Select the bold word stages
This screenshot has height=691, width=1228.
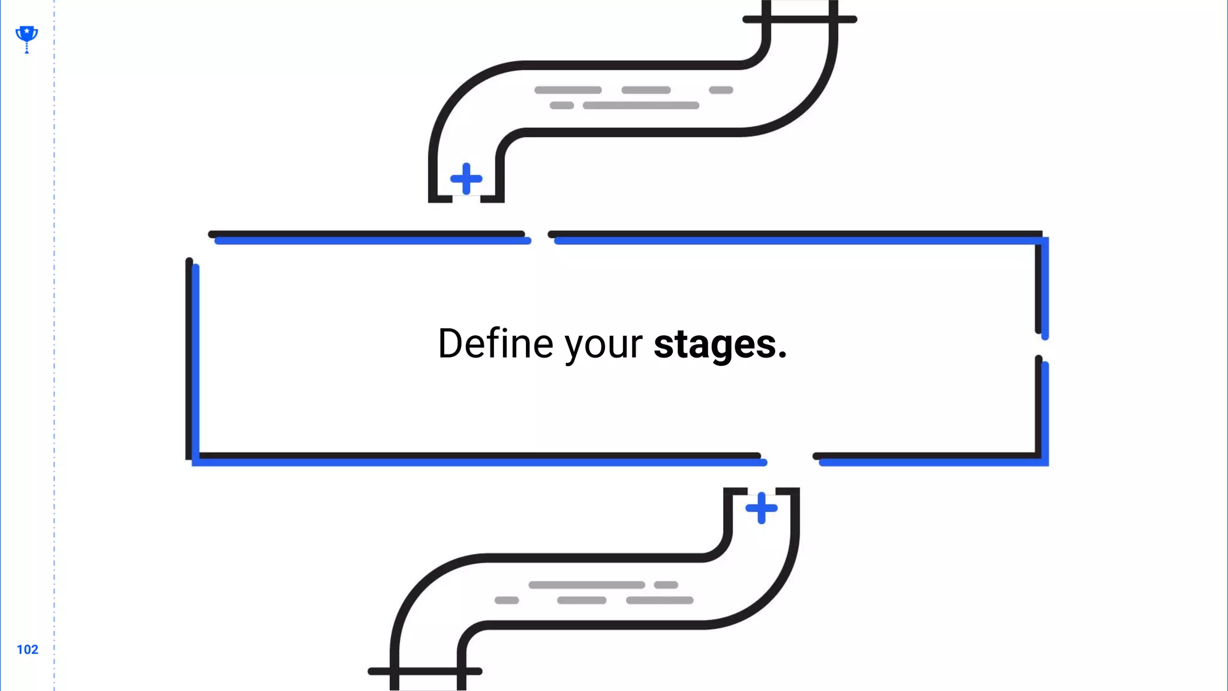[715, 345]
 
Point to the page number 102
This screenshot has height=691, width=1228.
[27, 650]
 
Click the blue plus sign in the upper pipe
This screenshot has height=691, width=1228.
[466, 179]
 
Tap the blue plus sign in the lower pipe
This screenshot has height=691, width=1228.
[761, 508]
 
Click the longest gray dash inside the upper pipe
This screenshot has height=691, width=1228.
[640, 106]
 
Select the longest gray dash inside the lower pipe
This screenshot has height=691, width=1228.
[586, 585]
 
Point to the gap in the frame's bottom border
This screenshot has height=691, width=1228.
[789, 459]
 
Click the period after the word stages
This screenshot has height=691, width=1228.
[782, 357]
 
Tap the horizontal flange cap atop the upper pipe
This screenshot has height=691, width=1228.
[799, 19]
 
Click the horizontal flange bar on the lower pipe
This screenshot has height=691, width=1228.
[425, 671]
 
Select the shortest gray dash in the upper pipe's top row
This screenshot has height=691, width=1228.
[721, 90]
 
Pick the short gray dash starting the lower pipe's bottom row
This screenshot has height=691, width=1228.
[507, 600]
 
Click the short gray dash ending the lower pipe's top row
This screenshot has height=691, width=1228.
[666, 585]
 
